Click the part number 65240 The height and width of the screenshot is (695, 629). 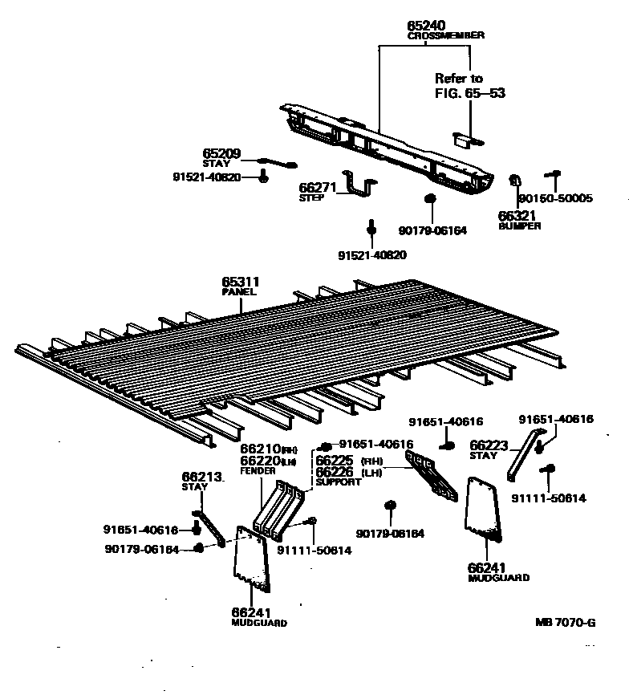pos(425,26)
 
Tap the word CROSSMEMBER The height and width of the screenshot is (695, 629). pos(446,37)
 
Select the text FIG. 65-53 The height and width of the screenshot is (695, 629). pos(469,93)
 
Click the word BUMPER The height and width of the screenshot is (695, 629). pos(519,226)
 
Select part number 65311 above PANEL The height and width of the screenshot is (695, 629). pos(241,282)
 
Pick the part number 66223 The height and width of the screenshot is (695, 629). pos(489,445)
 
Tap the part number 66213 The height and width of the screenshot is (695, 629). pos(201,477)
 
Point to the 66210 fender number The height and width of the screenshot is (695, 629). pos(259,449)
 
